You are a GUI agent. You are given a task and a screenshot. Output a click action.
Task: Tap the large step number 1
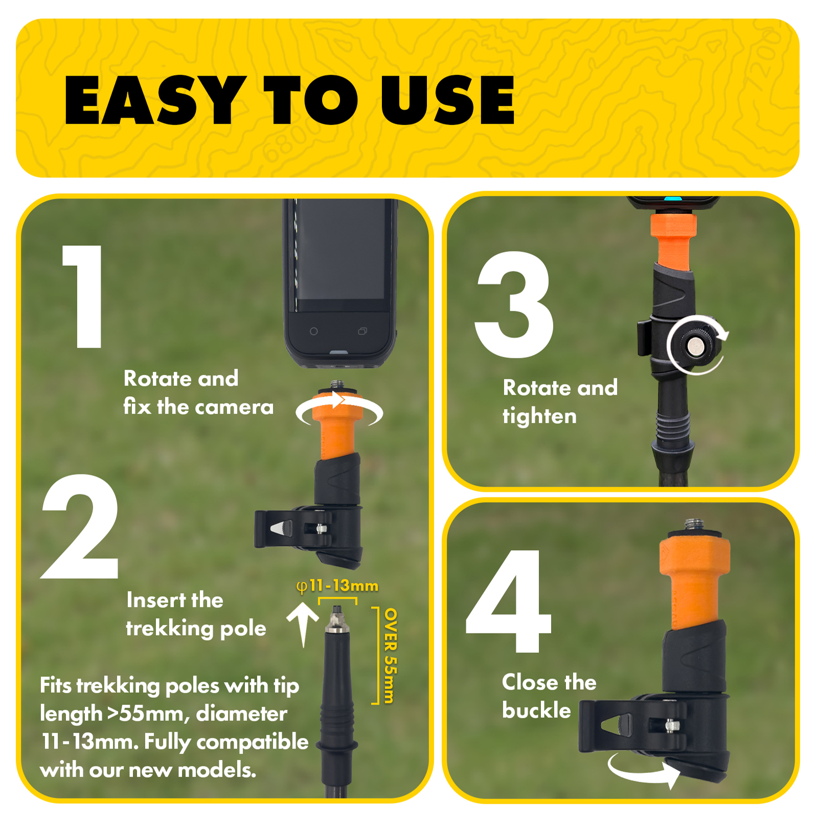coord(85,297)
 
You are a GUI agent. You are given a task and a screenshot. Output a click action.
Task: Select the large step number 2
coord(80,526)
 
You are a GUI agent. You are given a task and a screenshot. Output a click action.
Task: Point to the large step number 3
coord(514,305)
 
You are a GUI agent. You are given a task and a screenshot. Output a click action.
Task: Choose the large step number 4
coord(509,601)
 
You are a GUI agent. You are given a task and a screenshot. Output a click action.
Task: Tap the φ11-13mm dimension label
coord(337,586)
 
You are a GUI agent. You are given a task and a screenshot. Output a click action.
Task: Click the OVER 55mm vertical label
coord(390,655)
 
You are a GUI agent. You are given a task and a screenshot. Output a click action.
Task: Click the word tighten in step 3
coord(539,416)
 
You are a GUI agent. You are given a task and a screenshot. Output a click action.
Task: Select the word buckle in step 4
coord(536,710)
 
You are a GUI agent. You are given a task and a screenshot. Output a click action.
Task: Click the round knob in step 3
coord(694,346)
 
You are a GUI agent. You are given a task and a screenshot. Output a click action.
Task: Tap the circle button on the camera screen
coord(314,331)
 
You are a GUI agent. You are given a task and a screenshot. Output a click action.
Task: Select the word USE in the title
coord(447,100)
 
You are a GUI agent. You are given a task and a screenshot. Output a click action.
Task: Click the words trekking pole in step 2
coord(196,628)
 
